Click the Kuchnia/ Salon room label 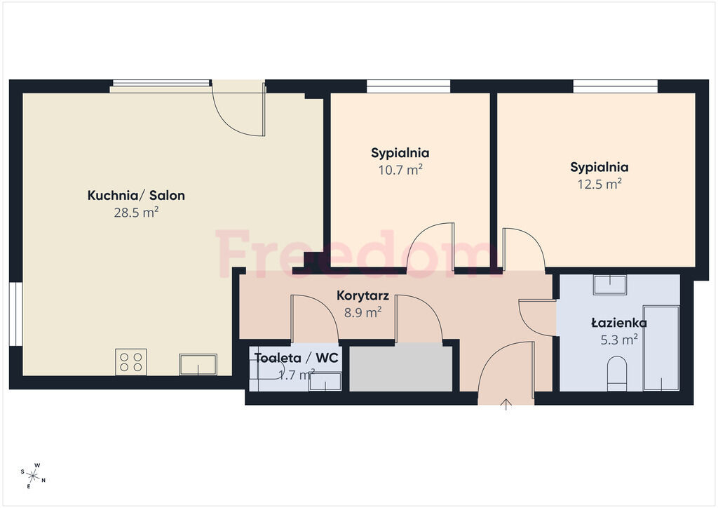(136, 196)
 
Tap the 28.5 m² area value (136, 213)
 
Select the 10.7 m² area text (400, 170)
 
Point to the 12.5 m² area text (599, 184)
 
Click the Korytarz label (363, 295)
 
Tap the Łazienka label (619, 323)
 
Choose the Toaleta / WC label (297, 358)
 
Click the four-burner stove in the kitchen (131, 362)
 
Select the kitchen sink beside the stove (198, 364)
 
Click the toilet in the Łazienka (616, 374)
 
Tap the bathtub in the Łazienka (661, 348)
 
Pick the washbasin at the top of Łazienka (610, 285)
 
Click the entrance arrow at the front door (506, 404)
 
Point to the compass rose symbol (33, 476)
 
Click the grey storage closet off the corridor (401, 369)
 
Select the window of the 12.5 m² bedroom (616, 86)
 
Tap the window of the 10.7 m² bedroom (409, 86)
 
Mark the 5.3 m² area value (619, 340)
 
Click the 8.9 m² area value (363, 312)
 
